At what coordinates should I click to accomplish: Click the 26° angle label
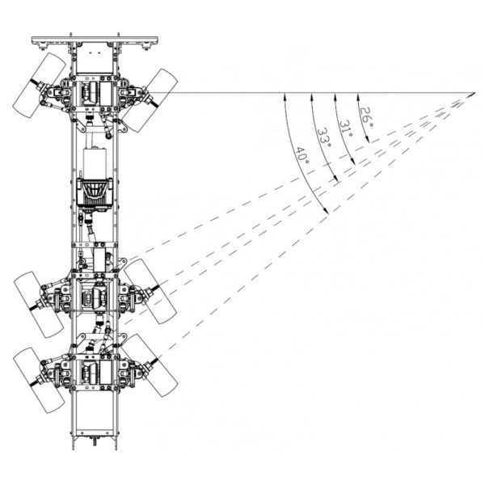pos(365,117)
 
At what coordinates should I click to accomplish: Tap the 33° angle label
pos(323,137)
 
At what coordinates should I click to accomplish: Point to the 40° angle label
pos(302,156)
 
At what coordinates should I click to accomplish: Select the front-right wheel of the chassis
pos(150,99)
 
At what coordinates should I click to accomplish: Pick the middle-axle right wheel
pos(150,291)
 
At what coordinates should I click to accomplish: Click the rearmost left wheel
pos(40,379)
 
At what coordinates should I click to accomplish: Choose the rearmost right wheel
pos(150,365)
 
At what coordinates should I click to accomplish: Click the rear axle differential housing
pos(95,372)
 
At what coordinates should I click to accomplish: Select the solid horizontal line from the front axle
pos(323,92)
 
